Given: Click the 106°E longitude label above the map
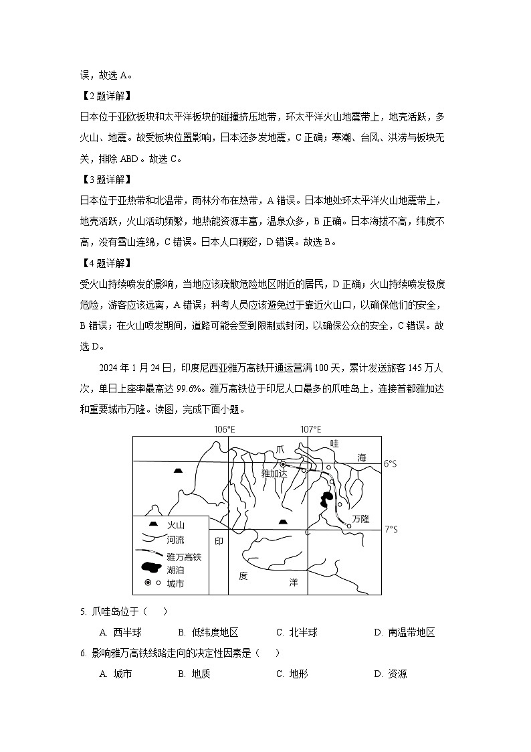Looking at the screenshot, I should [x=225, y=429].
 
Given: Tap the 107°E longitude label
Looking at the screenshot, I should [x=310, y=429].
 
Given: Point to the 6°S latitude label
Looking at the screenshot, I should [x=391, y=463].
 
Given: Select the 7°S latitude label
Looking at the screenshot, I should [x=391, y=530].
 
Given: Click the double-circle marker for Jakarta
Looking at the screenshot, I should [x=283, y=463].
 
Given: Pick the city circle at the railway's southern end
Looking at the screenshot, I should [x=349, y=527].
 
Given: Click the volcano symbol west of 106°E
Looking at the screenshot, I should [x=177, y=471].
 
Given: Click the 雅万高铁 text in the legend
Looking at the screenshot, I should [x=184, y=556].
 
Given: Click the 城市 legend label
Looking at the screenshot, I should [x=175, y=583].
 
